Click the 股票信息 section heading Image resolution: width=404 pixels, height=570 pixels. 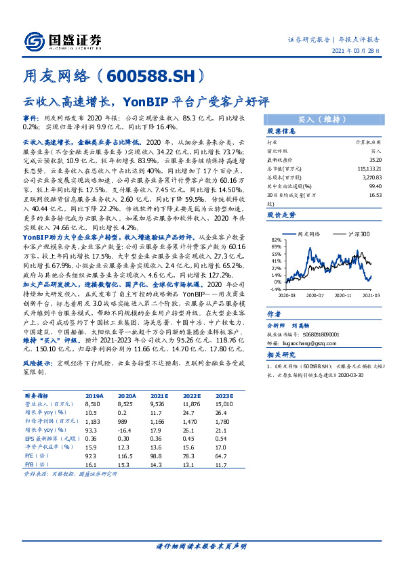click(281, 130)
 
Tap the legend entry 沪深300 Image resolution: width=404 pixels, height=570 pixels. click(360, 234)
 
